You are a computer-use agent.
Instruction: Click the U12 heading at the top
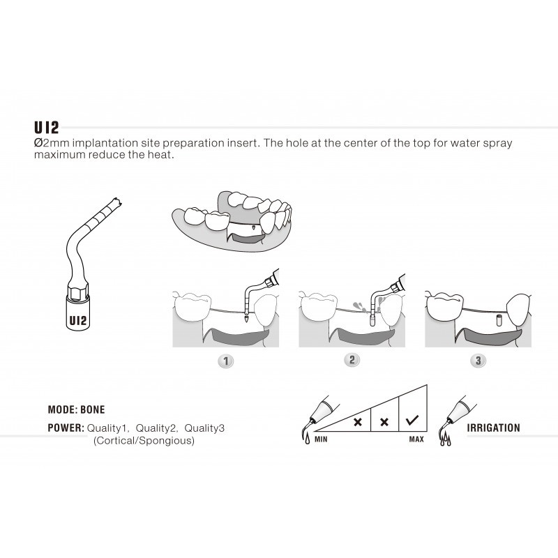(47, 128)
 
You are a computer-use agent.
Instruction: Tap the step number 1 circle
(225, 361)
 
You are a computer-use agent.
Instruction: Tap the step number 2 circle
(352, 361)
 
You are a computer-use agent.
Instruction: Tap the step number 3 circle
(478, 361)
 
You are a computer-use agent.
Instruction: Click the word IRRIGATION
(493, 428)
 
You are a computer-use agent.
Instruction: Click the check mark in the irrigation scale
(412, 421)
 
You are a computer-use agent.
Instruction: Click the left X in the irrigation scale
(357, 423)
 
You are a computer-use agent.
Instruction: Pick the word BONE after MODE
(92, 410)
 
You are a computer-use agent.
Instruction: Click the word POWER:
(66, 427)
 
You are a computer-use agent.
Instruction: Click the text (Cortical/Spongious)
(144, 441)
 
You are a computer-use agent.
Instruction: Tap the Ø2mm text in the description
(50, 143)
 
